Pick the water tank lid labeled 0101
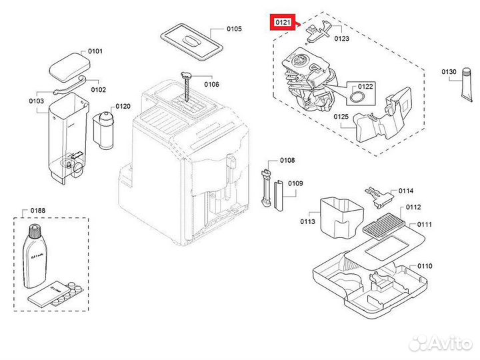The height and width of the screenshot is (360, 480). point(66,67)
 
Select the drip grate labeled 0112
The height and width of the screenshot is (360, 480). point(377,223)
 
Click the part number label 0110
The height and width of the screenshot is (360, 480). point(425,266)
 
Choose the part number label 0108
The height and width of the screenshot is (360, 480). point(287,161)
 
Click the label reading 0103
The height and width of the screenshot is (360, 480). point(37,101)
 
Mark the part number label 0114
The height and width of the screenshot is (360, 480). point(405,191)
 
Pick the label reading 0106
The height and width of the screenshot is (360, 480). point(212,84)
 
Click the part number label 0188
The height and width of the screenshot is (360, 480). point(39,211)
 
